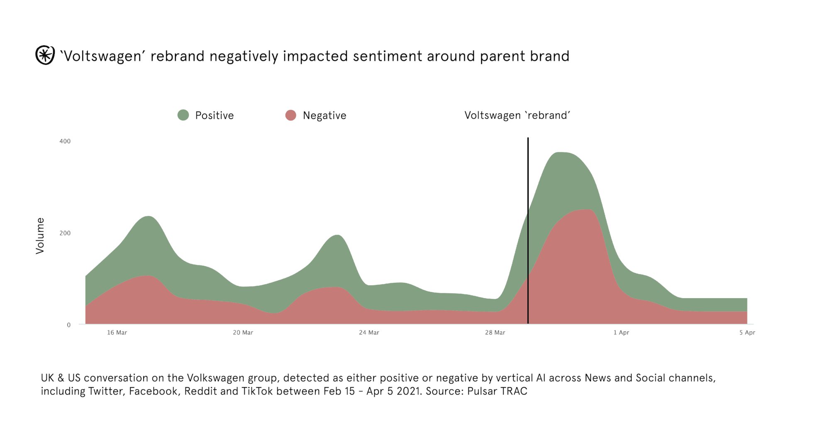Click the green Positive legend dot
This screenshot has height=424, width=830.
pos(183,115)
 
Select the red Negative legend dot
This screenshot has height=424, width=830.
pos(290,115)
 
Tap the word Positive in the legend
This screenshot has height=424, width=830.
pos(214,115)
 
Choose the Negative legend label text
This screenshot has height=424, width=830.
pos(324,115)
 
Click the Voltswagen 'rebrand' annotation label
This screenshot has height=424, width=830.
pos(517,115)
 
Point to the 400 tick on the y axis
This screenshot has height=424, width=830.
pos(65,141)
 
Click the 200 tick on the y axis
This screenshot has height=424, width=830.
pos(65,233)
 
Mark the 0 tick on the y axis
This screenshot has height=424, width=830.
pos(69,325)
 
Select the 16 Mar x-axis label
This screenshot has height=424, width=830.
pos(117,333)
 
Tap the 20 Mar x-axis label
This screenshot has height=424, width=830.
pos(243,333)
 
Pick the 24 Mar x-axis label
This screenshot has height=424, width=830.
pos(369,333)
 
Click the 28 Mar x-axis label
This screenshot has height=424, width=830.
pos(495,333)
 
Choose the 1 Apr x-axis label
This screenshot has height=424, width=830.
pos(621,333)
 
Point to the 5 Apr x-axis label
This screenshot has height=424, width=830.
pos(747,333)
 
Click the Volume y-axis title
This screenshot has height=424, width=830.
pos(40,235)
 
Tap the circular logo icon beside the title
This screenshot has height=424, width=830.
pos(45,55)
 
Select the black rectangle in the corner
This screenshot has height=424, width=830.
pos(732,58)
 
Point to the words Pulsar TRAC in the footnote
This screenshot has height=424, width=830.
pos(497,391)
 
